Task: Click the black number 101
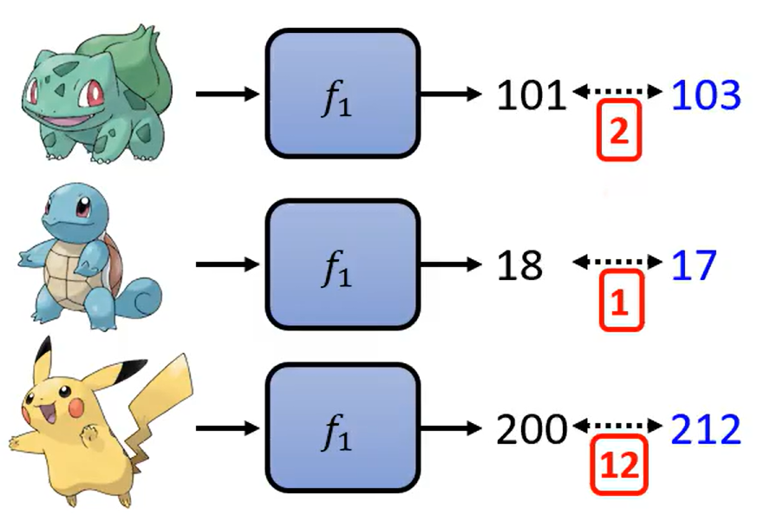[x=531, y=95]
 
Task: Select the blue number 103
[x=707, y=95]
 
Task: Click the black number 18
[x=520, y=265]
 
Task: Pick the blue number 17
[x=695, y=265]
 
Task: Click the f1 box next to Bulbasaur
[x=341, y=94]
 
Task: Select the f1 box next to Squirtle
[x=341, y=264]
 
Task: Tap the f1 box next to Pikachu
[x=341, y=429]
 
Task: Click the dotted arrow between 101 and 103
[x=617, y=90]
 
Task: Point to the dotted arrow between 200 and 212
[x=617, y=425]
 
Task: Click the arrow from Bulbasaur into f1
[x=228, y=94]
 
